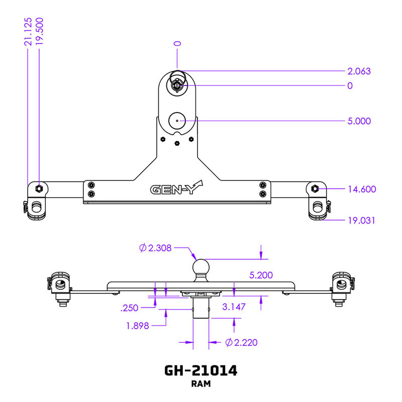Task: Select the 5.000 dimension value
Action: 359,121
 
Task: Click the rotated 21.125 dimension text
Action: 28,32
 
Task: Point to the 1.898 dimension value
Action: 138,326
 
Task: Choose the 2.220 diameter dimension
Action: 242,343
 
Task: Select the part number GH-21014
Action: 201,370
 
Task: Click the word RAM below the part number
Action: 201,384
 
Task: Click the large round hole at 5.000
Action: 177,121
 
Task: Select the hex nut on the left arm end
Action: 39,188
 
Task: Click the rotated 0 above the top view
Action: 177,44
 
